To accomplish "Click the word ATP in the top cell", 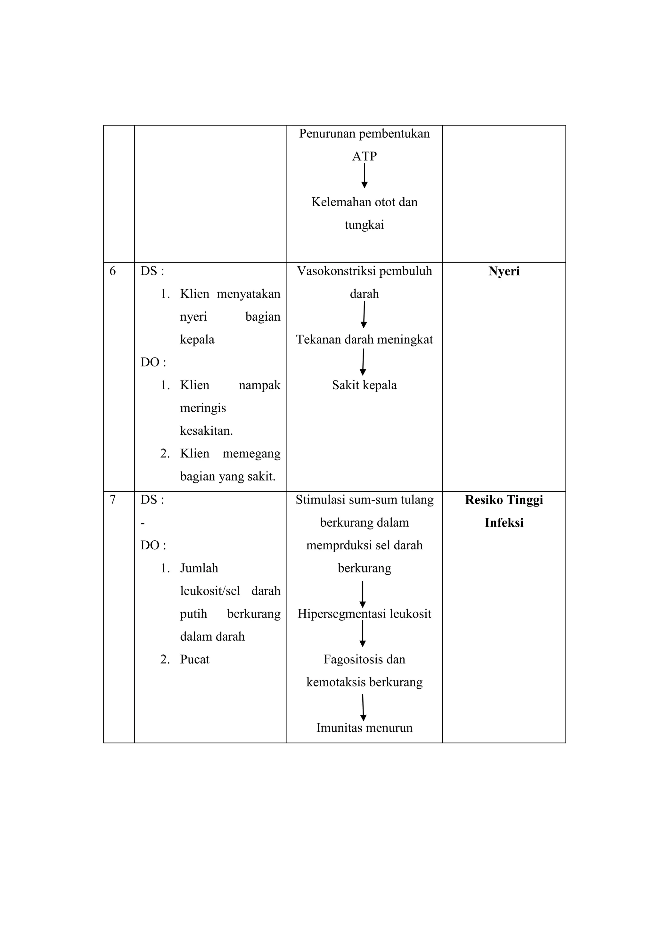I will pos(364,156).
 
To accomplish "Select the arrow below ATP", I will pos(364,176).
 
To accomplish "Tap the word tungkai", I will pos(364,225).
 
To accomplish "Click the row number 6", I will pos(112,271).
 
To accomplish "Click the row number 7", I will pos(112,500).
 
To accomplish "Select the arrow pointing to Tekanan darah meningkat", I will pos(364,315).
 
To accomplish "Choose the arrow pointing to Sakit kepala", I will pos(363,362).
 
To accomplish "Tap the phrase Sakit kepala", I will pos(364,385).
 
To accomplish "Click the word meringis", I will pos(203,408).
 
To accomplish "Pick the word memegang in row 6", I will pos(251,454).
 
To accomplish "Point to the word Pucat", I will pos(194,660).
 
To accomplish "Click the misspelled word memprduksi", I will pos(339,546).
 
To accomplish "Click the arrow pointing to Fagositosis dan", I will pos(363,633).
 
